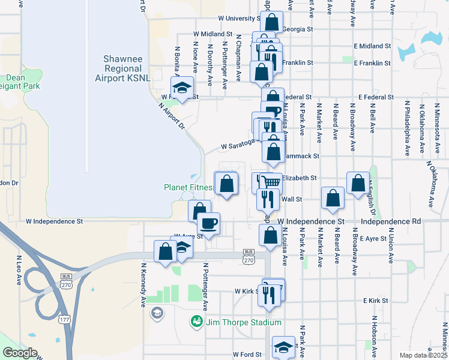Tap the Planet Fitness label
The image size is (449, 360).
[x=189, y=187]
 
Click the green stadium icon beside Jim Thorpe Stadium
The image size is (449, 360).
[x=197, y=322]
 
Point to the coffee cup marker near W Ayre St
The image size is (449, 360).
[x=208, y=223]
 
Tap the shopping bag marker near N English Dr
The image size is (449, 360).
[x=358, y=184]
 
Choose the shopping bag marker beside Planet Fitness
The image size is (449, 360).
[x=226, y=183]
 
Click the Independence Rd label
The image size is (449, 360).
[x=391, y=221]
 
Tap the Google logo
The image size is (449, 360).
[x=20, y=353]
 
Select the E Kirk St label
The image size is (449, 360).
[x=377, y=300]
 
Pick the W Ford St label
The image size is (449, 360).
[x=247, y=355]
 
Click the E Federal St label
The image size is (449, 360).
[x=376, y=96]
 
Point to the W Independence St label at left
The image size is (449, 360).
[x=54, y=221]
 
